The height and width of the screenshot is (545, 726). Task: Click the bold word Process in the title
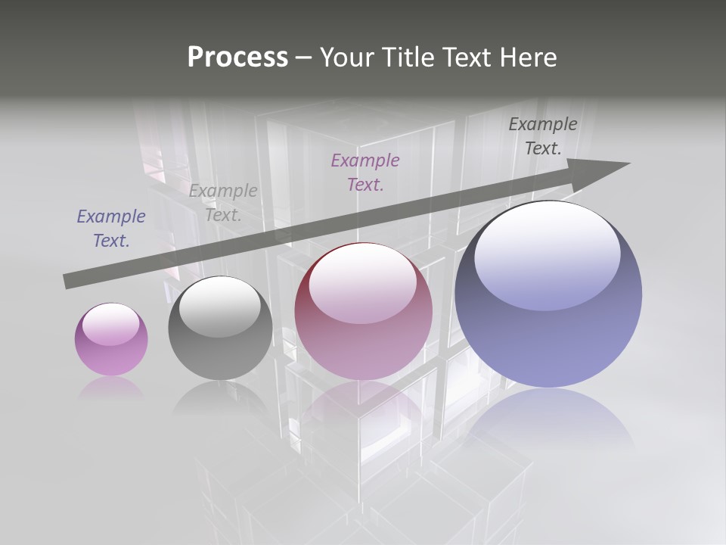237,58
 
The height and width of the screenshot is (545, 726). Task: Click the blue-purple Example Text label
111,229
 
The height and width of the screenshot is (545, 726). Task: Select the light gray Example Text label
223,203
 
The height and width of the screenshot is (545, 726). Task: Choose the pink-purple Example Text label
365,172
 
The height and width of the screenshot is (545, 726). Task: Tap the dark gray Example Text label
543,136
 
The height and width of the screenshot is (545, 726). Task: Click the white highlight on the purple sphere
111,324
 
